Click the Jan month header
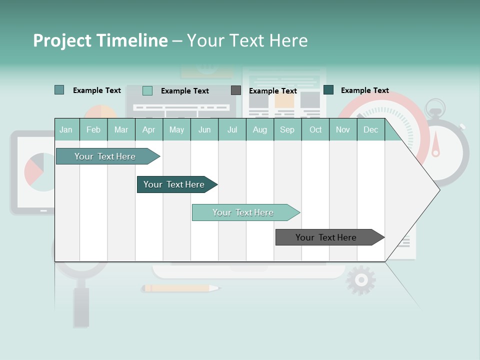[x=66, y=129]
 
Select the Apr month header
[x=148, y=129]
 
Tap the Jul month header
[x=232, y=129]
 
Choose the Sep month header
[x=287, y=129]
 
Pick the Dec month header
[x=370, y=129]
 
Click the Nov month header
[x=342, y=129]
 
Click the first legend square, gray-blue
[x=59, y=90]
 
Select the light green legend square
[x=147, y=90]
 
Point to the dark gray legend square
[x=236, y=90]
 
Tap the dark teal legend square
[x=328, y=90]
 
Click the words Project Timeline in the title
[x=100, y=40]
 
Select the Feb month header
[x=93, y=129]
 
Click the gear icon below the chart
[x=360, y=280]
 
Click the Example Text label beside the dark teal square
[x=364, y=90]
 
